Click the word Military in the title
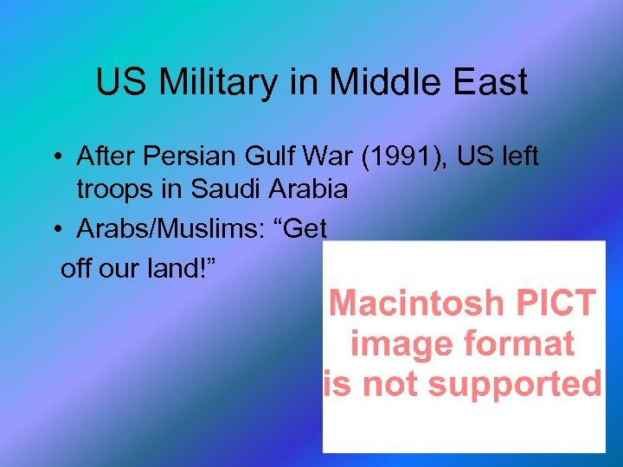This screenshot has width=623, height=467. (x=209, y=83)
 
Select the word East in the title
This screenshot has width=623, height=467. (x=491, y=83)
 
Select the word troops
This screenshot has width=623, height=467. (x=119, y=189)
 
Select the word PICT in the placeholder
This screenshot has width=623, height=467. (x=555, y=304)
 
